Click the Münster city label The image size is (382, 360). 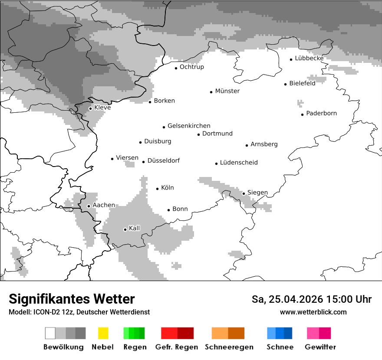227,91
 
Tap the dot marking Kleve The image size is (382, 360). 90,108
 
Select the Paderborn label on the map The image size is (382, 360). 321,114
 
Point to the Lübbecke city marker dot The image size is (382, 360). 291,59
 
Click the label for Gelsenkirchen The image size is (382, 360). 189,126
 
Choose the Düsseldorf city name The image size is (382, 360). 163,161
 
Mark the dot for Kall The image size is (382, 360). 125,229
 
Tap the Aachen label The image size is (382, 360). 104,205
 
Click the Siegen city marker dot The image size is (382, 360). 244,193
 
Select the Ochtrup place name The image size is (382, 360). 191,67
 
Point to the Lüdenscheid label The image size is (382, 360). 239,163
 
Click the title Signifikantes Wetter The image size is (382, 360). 72,299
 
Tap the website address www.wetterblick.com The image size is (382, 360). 313,312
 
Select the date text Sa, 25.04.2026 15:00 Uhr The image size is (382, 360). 311,299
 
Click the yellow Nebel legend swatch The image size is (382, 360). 103,333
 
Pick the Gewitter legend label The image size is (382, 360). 320,347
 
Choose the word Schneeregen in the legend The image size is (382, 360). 229,347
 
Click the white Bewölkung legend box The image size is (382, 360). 50,333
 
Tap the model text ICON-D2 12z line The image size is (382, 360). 79,312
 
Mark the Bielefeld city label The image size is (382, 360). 302,83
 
